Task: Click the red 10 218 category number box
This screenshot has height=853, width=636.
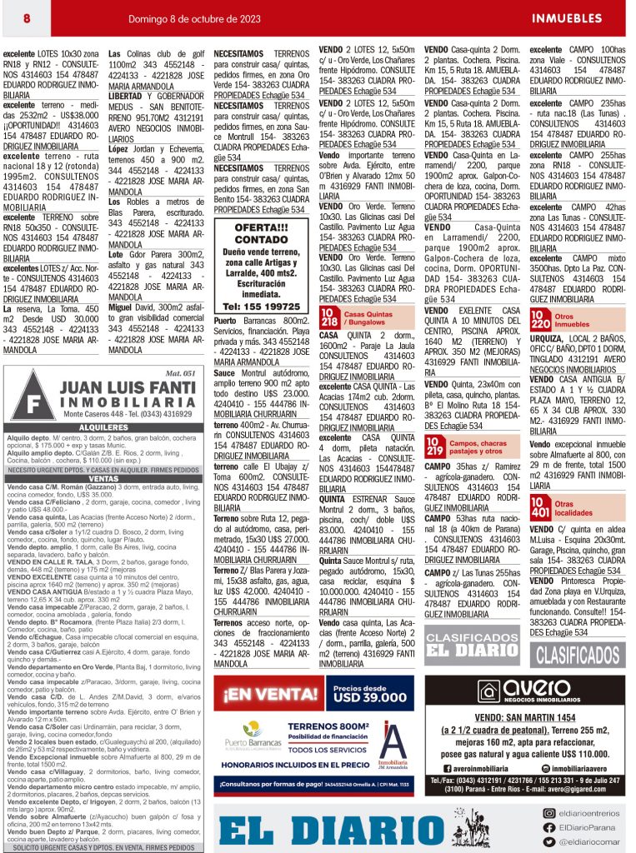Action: click(329, 317)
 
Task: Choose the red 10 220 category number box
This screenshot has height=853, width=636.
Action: click(540, 319)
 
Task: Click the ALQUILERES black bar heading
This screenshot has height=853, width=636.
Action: click(104, 427)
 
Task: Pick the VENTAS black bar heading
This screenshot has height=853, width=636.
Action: click(104, 479)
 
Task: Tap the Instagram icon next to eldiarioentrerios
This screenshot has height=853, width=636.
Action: click(549, 812)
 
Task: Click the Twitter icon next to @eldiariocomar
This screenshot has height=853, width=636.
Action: click(549, 841)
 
